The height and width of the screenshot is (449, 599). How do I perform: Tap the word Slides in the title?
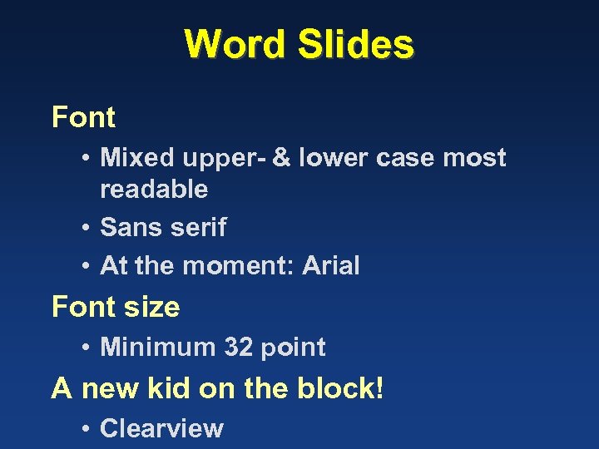(x=355, y=44)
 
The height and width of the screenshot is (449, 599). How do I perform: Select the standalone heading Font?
(x=83, y=117)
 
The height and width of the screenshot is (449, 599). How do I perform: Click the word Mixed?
(x=137, y=157)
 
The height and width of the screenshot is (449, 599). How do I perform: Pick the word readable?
(x=154, y=189)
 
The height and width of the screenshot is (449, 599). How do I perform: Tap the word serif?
(x=200, y=227)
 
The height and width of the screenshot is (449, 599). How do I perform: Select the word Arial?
(x=331, y=266)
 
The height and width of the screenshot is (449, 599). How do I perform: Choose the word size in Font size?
(x=153, y=307)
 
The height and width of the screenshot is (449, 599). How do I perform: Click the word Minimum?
(x=158, y=347)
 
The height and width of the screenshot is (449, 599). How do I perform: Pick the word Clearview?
(x=161, y=428)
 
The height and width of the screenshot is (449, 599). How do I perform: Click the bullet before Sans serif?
(x=87, y=228)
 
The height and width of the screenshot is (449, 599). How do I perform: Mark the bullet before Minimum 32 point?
(x=87, y=348)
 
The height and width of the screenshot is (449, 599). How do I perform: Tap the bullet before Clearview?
(x=87, y=429)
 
